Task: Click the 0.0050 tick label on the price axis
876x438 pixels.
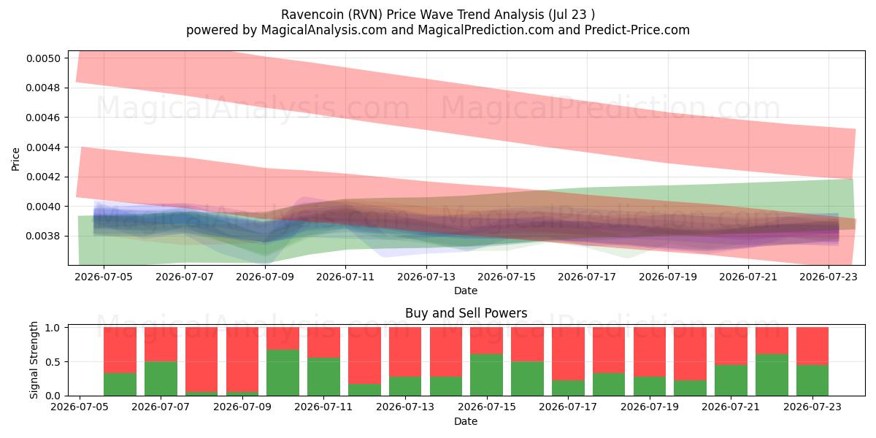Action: [43, 58]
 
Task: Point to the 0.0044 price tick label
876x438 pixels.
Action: [43, 147]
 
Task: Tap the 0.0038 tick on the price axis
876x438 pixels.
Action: [43, 237]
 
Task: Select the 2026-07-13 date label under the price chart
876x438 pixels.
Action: [426, 277]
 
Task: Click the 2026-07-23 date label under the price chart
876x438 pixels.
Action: [829, 277]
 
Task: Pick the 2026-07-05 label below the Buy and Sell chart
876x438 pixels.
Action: [80, 407]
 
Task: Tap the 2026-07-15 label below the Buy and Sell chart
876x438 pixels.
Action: [487, 407]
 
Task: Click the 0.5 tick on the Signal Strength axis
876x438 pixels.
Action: [53, 362]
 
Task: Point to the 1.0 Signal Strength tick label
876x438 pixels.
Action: [53, 328]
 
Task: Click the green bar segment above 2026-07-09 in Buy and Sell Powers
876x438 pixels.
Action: [242, 393]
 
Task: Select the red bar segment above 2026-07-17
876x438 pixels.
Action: [568, 354]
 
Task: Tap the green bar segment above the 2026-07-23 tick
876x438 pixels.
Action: [812, 380]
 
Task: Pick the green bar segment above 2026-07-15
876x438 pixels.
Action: [487, 375]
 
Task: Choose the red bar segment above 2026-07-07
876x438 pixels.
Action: [161, 345]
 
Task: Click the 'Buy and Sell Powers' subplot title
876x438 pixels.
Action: [466, 313]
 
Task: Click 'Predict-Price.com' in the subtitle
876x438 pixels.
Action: [637, 30]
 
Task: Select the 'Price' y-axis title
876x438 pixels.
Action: [15, 159]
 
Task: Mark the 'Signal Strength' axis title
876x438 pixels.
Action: [34, 360]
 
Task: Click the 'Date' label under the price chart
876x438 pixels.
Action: [466, 291]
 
